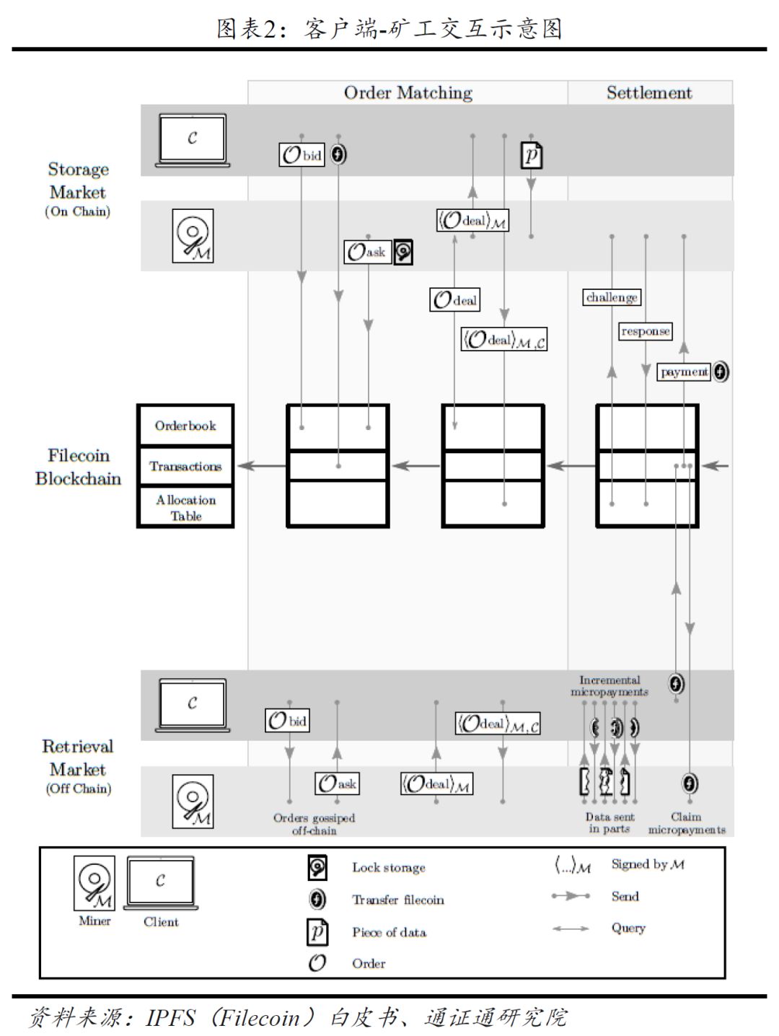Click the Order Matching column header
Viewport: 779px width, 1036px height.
pos(408,92)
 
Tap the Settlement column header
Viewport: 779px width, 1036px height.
pos(649,92)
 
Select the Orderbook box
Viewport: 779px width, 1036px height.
pos(185,425)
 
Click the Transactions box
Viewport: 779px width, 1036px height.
pos(185,466)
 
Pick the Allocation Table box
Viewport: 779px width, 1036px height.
pos(185,507)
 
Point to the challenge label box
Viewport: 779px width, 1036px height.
pos(612,297)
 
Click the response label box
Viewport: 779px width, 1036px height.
pos(645,331)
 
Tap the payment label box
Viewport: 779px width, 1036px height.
pos(684,372)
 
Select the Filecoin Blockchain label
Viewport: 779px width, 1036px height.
pos(78,467)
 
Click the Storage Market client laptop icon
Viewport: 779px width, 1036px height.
pos(193,140)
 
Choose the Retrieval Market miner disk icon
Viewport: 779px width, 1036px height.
pos(193,801)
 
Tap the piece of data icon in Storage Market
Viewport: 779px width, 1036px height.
pos(532,155)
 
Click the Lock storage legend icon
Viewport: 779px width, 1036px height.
pos(317,867)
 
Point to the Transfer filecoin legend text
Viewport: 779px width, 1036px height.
pos(397,900)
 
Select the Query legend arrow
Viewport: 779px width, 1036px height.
pos(571,929)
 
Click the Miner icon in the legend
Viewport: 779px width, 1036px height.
pos(94,883)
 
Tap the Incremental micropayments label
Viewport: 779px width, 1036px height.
pos(609,686)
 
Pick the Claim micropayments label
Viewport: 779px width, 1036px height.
pos(687,823)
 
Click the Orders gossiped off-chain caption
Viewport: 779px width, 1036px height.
pos(314,824)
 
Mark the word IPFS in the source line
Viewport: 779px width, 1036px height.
pos(171,1017)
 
